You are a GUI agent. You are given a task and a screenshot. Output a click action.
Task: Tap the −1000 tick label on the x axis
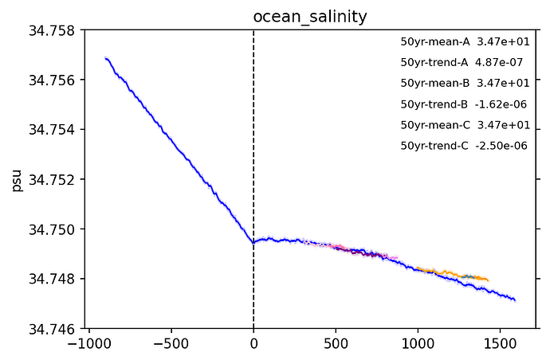pyautogui.click(x=88, y=344)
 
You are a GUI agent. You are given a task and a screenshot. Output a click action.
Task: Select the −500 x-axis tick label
pyautogui.click(x=171, y=344)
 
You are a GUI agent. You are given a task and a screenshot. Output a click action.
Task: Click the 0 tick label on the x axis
pyautogui.click(x=253, y=344)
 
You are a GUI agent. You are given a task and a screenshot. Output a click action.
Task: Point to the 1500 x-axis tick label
pyautogui.click(x=500, y=344)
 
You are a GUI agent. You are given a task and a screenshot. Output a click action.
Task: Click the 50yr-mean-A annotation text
pyautogui.click(x=435, y=41)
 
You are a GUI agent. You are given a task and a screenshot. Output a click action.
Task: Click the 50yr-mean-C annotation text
pyautogui.click(x=435, y=125)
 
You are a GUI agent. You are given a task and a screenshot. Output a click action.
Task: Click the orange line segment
pyautogui.click(x=454, y=273)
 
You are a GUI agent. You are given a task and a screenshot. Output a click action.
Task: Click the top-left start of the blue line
pyautogui.click(x=105, y=58)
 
